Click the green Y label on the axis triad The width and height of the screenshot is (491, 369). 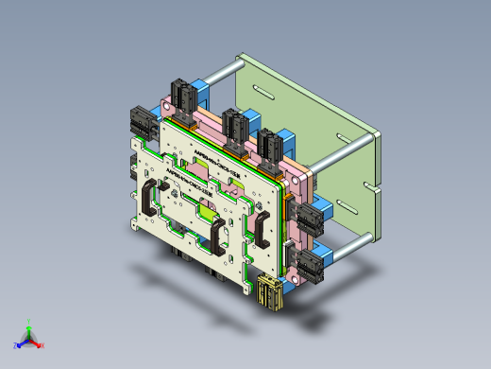[30, 321]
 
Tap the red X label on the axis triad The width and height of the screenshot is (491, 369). [42, 346]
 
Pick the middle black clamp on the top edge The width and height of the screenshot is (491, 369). [233, 124]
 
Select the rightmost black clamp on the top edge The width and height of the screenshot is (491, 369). [270, 144]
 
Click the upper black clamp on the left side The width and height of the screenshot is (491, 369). [139, 122]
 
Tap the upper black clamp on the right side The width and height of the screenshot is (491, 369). [308, 219]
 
